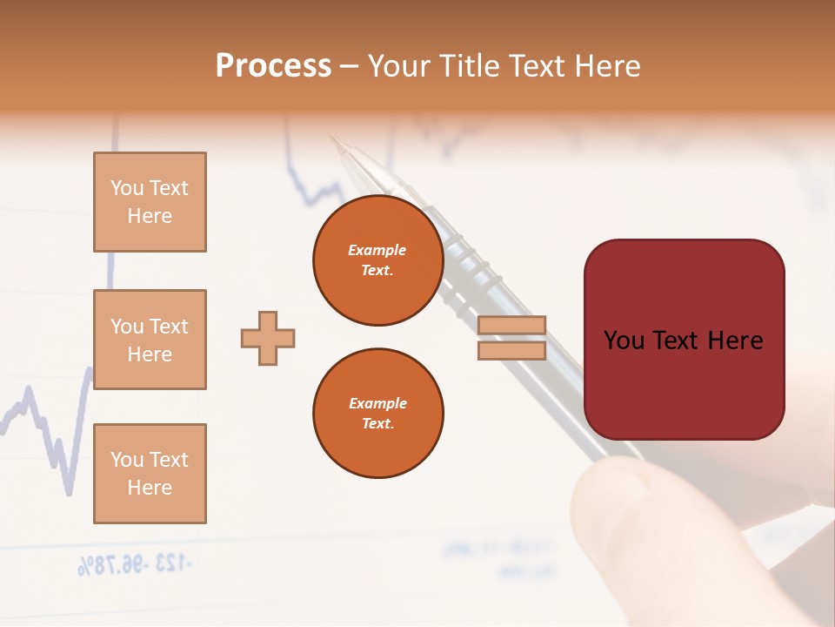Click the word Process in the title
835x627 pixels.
coord(273,66)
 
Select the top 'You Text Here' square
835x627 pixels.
coord(150,202)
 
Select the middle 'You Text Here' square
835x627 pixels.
coord(150,340)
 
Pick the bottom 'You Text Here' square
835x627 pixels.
coord(150,473)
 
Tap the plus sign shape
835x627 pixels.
coord(268,338)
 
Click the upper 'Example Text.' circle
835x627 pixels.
coord(377,260)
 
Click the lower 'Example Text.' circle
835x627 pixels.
coord(377,414)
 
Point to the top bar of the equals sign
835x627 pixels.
coord(511,326)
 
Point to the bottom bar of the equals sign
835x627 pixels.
coord(511,350)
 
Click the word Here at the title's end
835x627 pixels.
coord(605,66)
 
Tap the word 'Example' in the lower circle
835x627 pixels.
coord(377,403)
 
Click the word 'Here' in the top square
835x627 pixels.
coord(150,216)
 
